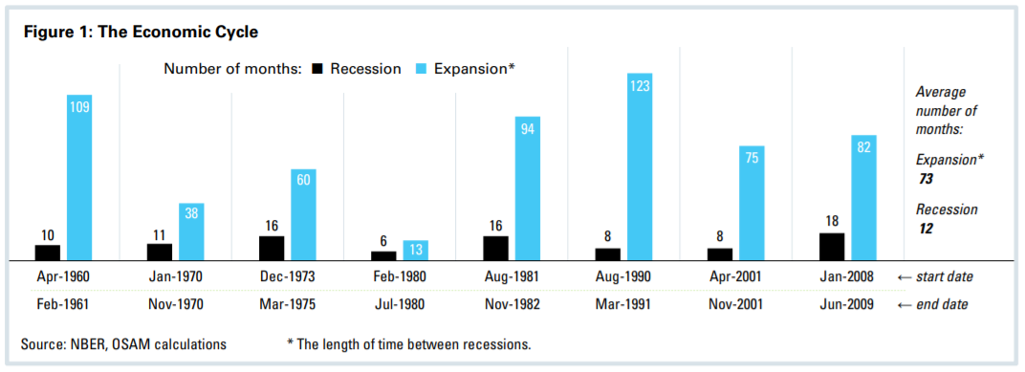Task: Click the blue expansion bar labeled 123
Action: [x=639, y=166]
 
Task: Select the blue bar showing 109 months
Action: [x=79, y=177]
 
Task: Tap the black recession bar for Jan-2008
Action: [x=832, y=247]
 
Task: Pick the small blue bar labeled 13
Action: [x=416, y=250]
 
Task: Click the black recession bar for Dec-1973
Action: [x=272, y=248]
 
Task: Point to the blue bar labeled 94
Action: [x=528, y=188]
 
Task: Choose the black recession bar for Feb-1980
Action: [x=383, y=255]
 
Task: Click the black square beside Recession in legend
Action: [x=318, y=69]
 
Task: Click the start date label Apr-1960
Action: [x=63, y=276]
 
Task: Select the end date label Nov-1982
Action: [x=512, y=305]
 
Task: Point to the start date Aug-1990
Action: [x=623, y=276]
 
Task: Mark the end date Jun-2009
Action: [x=848, y=305]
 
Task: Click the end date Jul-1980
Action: [x=400, y=305]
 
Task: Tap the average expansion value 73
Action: [x=926, y=179]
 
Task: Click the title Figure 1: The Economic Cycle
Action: [x=142, y=33]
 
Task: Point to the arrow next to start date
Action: [x=905, y=277]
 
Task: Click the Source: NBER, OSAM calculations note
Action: [x=124, y=344]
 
